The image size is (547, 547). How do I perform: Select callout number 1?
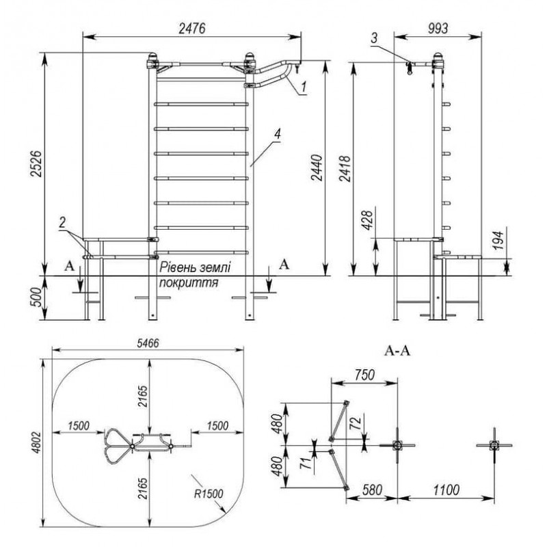[304, 85]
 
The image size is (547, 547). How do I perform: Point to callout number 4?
[277, 135]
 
